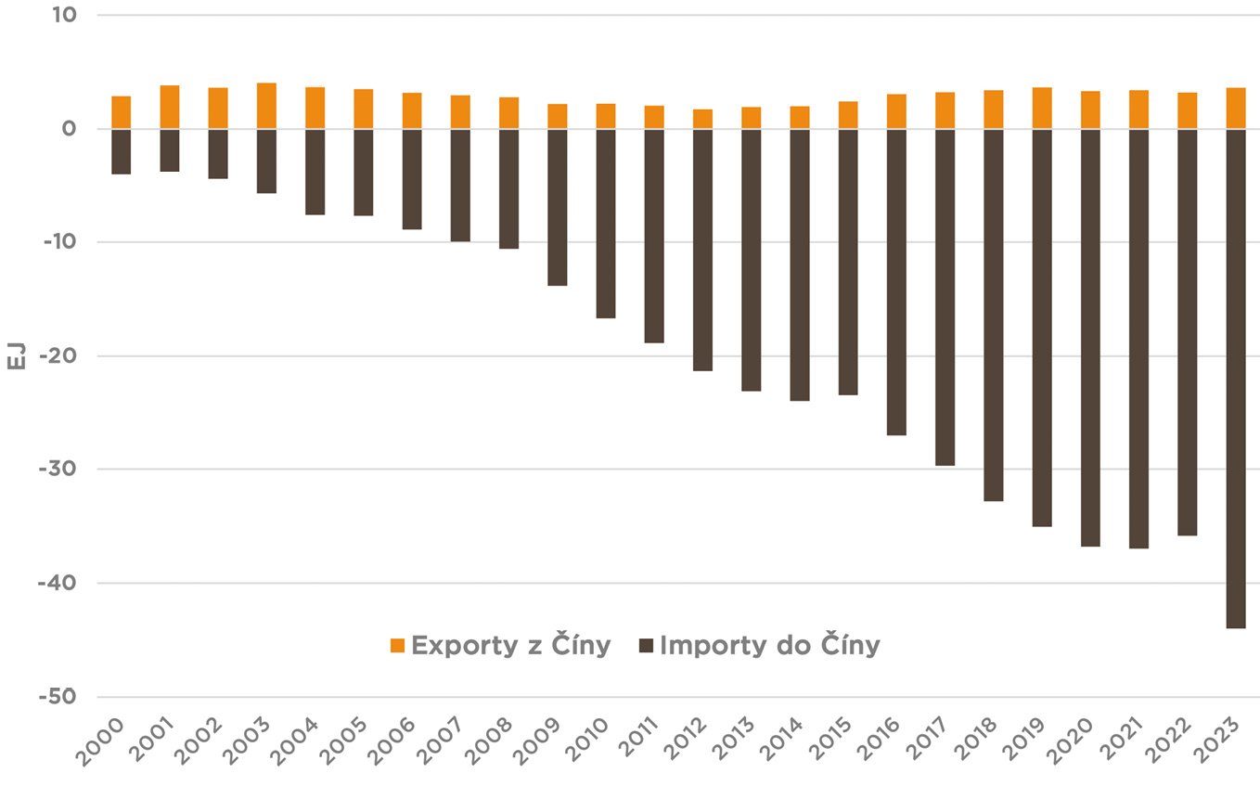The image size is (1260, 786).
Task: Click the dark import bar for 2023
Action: coord(1235,379)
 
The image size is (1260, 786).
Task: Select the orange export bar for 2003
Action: coord(266,106)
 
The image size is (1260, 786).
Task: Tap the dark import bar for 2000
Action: coord(121,151)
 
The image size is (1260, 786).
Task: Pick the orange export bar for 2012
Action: coord(702,119)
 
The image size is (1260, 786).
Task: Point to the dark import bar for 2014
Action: coord(800,264)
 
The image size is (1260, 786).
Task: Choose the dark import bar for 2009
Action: coord(557,207)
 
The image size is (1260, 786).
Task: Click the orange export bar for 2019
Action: coord(1042,108)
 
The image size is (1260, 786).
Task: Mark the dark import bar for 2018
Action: coord(993,315)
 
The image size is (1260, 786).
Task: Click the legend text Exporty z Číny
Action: coord(511,646)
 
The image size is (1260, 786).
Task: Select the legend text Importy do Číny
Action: coord(770,646)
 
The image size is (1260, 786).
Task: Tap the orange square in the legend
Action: coord(398,646)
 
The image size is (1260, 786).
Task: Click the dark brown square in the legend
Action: coord(647,646)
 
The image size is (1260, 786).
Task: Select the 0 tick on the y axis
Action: coord(71,129)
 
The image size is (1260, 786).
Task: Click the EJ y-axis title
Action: coord(16,356)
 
